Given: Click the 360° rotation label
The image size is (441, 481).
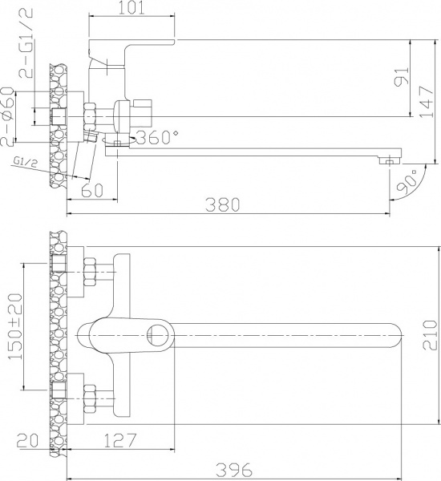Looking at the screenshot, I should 158,137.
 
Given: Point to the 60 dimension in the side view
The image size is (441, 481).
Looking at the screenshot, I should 93,190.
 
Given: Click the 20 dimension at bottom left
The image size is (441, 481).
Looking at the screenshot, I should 29,440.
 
